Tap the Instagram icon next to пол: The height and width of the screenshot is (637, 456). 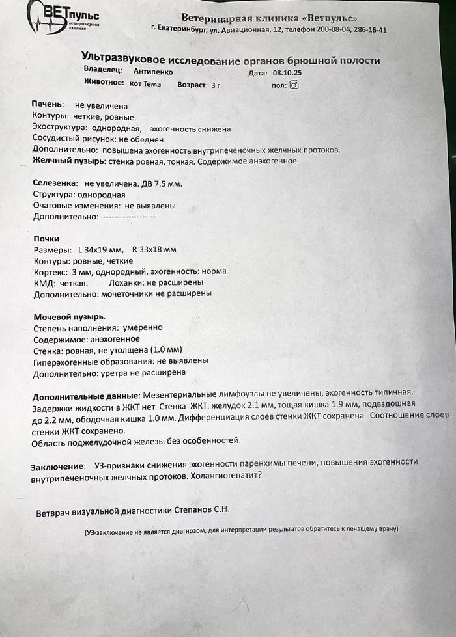(x=294, y=84)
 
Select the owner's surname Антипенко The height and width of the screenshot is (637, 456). (x=154, y=70)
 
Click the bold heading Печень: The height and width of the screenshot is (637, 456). (x=48, y=105)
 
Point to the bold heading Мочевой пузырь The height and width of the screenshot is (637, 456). (x=69, y=317)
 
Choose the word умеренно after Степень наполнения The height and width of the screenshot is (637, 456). (x=141, y=327)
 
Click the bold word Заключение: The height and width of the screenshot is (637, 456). (x=58, y=467)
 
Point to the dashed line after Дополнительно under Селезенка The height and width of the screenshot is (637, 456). (x=129, y=217)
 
